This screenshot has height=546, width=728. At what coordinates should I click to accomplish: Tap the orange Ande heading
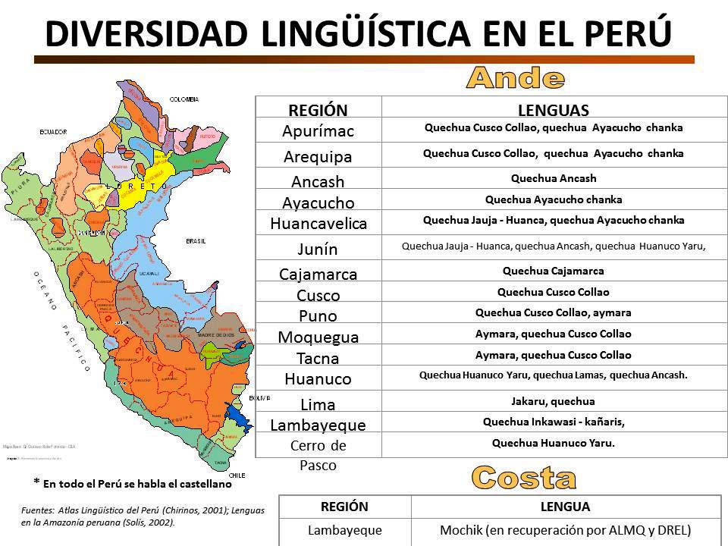[x=516, y=77]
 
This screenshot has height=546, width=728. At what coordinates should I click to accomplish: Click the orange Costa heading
[x=523, y=477]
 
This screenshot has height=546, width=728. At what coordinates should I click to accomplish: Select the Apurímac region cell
[x=318, y=130]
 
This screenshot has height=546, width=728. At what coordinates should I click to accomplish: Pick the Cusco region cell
[x=318, y=295]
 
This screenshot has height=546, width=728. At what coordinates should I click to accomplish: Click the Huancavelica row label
[x=318, y=223]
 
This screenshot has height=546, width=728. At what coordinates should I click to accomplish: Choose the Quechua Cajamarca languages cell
[x=553, y=271]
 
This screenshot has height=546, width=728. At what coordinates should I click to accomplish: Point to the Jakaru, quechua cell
[x=553, y=401]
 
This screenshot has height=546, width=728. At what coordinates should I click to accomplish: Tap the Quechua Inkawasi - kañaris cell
[x=553, y=422]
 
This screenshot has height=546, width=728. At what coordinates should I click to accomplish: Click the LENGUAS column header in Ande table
[x=553, y=109]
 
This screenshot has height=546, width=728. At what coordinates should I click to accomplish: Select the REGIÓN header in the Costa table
[x=345, y=507]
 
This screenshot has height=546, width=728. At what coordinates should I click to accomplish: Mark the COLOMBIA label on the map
[x=184, y=99]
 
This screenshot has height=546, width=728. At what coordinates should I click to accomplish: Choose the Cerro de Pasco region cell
[x=318, y=454]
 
